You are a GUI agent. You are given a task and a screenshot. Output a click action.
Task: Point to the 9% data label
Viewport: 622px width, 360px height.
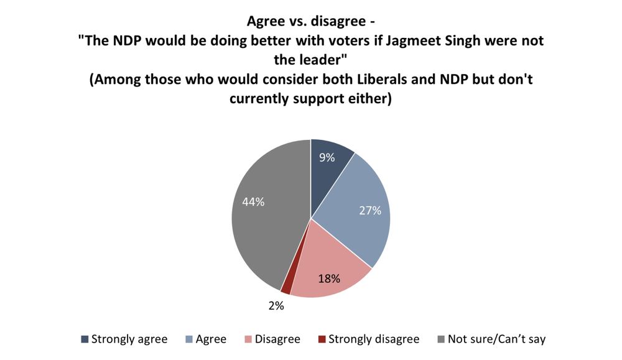coord(326,157)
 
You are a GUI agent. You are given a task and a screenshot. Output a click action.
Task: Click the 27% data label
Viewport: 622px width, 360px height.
coord(369,210)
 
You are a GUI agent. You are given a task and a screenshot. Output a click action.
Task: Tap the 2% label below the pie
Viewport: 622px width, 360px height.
coord(276,305)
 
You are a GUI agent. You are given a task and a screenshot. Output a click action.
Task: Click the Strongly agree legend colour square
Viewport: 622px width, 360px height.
coord(84,339)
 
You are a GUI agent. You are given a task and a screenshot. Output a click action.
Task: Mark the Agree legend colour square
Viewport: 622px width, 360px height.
coord(188,339)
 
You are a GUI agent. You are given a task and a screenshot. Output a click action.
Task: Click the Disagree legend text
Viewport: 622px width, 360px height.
coord(278,339)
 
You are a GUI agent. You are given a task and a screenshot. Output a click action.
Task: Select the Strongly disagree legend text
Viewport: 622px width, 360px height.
coord(373,339)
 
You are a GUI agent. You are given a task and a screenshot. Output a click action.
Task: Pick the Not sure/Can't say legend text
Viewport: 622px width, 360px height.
coord(496,339)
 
